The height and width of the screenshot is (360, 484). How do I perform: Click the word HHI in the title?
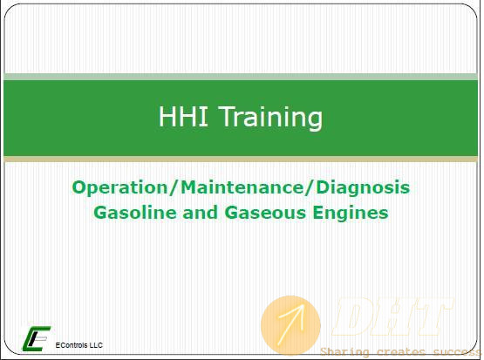pos(183,116)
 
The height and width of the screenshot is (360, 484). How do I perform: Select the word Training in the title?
pos(271,119)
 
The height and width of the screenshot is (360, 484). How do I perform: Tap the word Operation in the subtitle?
pos(120,188)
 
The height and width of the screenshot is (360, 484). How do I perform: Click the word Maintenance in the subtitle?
pos(243,187)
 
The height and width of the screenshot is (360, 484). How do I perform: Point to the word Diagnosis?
pos(363,188)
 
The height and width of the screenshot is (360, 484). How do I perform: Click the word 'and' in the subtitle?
pos(200,213)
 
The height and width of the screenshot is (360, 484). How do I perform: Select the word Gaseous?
pos(265,213)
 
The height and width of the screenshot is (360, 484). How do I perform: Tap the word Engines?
pos(351,214)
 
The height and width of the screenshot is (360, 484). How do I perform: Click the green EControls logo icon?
pos(36,338)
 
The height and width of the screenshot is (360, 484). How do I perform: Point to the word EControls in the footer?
pos(69,345)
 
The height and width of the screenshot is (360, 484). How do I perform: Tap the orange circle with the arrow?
pos(290,325)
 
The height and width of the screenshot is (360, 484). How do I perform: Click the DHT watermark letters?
pos(392,316)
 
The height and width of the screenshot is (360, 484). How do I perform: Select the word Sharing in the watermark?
pos(344,352)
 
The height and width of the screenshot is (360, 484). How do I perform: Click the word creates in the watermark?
pos(401,351)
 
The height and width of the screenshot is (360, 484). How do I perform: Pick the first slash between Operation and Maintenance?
pos(174,188)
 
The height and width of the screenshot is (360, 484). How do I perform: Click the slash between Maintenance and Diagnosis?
pos(310,188)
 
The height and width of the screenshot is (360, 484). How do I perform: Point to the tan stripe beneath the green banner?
pos(241,160)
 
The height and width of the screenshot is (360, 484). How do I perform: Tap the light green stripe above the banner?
pos(241,77)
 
